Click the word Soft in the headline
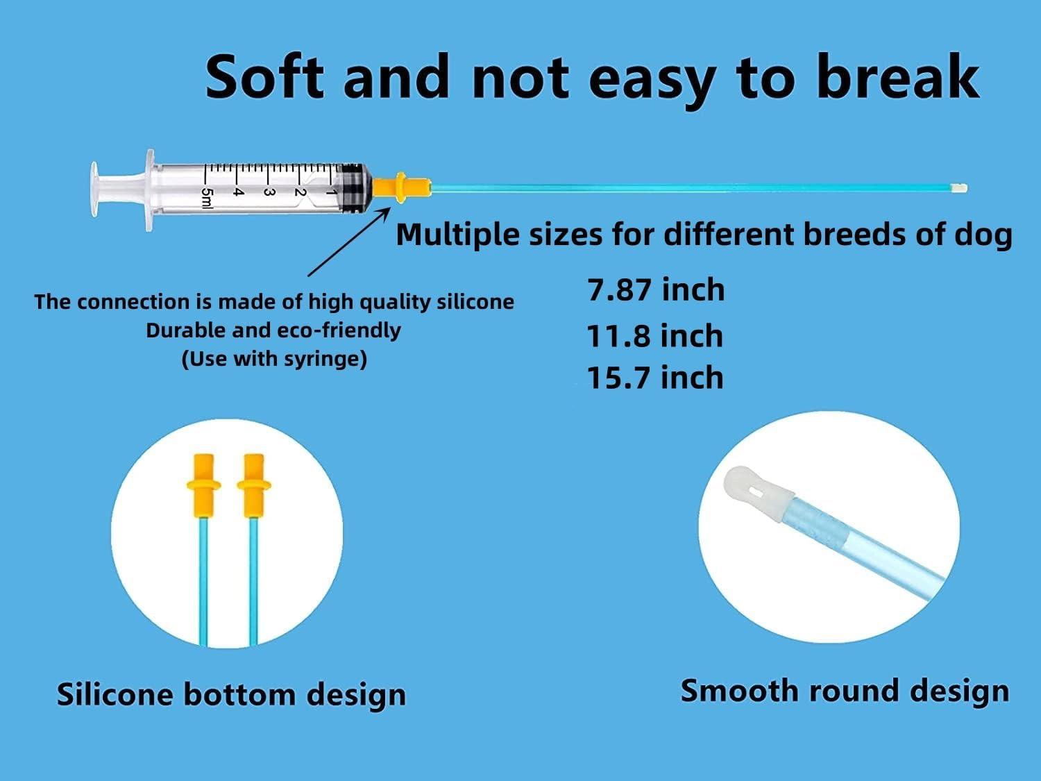click(264, 76)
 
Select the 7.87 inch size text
click(656, 289)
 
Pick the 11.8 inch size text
click(655, 336)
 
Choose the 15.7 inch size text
click(655, 378)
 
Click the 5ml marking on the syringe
click(208, 198)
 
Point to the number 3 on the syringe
click(269, 192)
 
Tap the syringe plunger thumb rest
click(95, 190)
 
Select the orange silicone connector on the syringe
click(401, 187)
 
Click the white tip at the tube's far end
click(961, 188)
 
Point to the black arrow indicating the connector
click(349, 242)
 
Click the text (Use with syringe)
click(274, 359)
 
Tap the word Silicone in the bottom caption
click(115, 694)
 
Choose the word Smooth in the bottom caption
click(740, 690)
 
